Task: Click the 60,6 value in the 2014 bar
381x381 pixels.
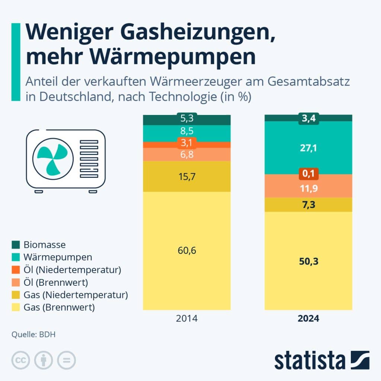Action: click(x=187, y=250)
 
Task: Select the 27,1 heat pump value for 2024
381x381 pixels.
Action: click(x=308, y=148)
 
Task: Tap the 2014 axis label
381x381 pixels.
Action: click(x=187, y=319)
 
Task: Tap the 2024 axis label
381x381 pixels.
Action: click(x=308, y=319)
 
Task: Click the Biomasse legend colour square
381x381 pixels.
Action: click(x=16, y=245)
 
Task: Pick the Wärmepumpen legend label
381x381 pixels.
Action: click(x=58, y=257)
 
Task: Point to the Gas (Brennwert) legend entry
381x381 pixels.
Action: click(x=59, y=308)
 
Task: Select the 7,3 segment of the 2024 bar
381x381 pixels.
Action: click(x=308, y=205)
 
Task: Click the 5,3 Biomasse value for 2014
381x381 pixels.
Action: click(x=187, y=119)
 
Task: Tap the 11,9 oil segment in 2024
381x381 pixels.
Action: click(x=308, y=189)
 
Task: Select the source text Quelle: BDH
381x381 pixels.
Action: click(x=33, y=334)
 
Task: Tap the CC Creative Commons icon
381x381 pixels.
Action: click(x=21, y=360)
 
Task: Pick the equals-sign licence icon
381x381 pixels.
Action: click(x=66, y=360)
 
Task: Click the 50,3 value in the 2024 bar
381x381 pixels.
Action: click(x=308, y=262)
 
